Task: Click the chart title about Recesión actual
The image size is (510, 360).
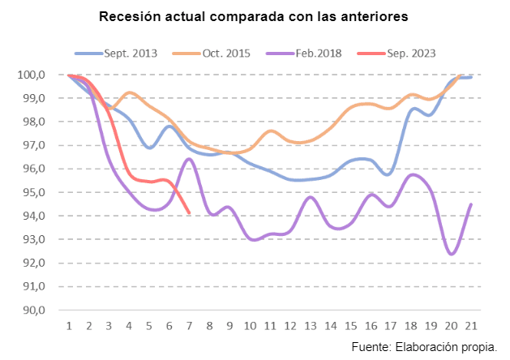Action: click(253, 16)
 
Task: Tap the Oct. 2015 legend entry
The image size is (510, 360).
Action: click(226, 54)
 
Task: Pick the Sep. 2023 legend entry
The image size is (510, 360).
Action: click(410, 54)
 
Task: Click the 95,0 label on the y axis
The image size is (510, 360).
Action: click(42, 193)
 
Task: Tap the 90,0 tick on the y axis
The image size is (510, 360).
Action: click(42, 311)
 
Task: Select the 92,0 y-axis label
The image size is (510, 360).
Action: click(42, 264)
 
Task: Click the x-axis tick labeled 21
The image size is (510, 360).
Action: click(470, 326)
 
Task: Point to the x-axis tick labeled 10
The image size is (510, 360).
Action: click(251, 326)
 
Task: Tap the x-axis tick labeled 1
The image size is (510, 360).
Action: click(70, 326)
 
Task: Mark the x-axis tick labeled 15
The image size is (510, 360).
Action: click(350, 326)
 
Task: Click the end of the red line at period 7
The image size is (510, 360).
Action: click(189, 213)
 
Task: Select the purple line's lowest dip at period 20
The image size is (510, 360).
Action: click(451, 254)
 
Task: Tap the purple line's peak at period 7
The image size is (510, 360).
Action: click(189, 159)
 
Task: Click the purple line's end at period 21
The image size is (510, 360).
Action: click(471, 204)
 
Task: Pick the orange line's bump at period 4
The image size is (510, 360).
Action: click(131, 92)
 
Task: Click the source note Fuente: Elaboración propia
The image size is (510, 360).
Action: click(424, 347)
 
